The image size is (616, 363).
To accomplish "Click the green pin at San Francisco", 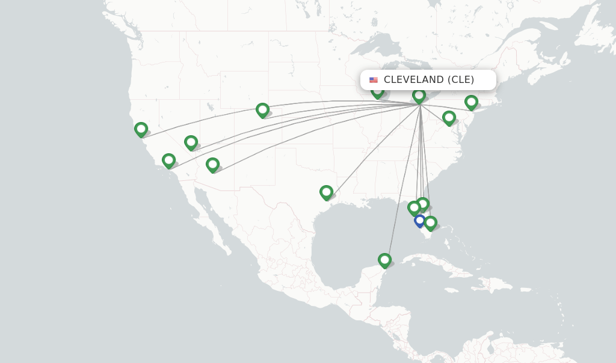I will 141,129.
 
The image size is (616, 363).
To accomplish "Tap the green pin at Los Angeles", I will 168,160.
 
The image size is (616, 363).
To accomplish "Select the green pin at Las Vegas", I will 191,142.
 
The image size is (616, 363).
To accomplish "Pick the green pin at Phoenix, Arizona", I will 212,164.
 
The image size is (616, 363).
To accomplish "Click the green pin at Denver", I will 262,109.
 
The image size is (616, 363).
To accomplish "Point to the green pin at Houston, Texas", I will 326,192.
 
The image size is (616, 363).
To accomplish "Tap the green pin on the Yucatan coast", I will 384,260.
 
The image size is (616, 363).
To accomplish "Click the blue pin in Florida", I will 420,221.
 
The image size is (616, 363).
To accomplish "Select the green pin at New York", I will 471,102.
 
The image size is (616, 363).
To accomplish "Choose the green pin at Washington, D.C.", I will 449,117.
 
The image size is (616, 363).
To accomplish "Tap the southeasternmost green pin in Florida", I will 430,222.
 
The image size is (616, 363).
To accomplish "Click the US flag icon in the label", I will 374,80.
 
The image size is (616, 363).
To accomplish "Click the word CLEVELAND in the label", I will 414,80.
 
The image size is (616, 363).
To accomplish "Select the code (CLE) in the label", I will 461,80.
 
